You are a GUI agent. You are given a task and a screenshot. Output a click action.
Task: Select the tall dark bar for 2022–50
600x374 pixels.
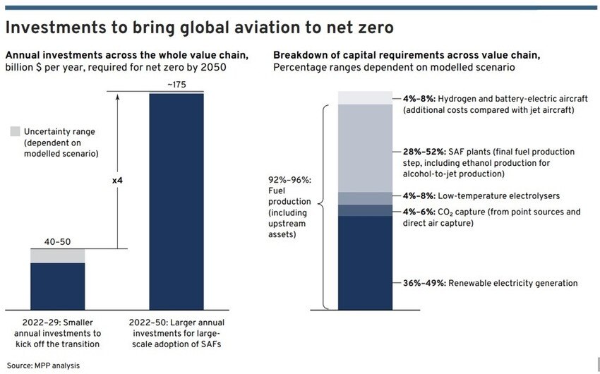coord(176,201)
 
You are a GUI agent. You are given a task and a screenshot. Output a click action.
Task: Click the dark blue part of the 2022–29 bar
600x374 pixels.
coord(57,286)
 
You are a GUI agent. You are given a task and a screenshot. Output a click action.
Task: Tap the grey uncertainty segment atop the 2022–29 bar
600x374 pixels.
coord(57,255)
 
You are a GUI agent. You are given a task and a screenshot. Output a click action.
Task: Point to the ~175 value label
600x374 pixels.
coord(176,85)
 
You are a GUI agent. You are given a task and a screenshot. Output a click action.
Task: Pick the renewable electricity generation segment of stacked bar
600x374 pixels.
coord(365,263)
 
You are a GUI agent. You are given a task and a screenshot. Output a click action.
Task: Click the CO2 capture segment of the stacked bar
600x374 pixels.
coord(365,210)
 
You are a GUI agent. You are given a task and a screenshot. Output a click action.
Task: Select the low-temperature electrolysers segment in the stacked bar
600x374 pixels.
coord(365,198)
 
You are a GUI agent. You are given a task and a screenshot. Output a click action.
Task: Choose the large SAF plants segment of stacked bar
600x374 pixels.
coord(365,148)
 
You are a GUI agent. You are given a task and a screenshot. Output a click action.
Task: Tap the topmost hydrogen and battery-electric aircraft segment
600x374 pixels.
coord(365,97)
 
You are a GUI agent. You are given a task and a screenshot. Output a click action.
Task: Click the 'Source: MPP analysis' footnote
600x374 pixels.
coord(43,366)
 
